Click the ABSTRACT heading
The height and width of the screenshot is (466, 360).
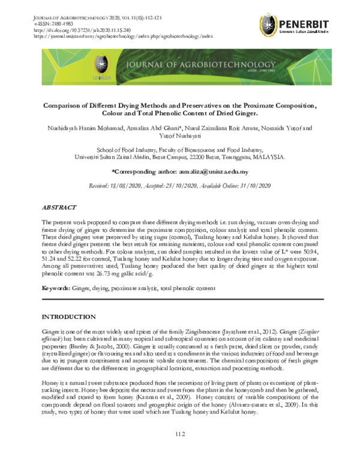click(x=59, y=207)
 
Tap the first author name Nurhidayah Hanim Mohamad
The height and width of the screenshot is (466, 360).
click(x=88, y=128)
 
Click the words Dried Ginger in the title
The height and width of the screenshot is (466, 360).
click(x=223, y=113)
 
